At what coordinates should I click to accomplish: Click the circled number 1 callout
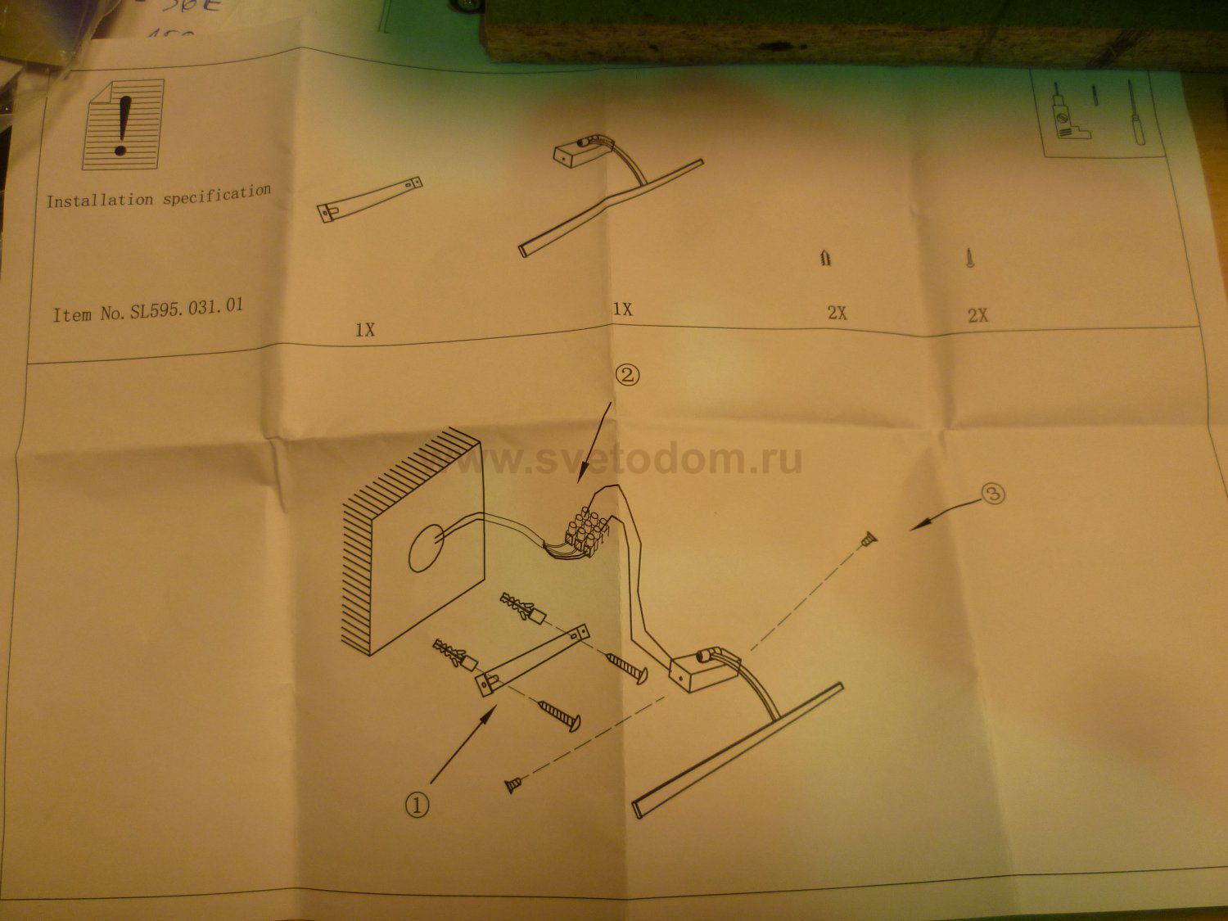pos(418,806)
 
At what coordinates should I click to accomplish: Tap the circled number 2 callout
pos(627,375)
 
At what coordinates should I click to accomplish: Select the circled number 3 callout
pos(993,494)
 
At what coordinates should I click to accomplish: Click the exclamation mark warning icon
pos(123,124)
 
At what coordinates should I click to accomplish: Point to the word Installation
pos(100,201)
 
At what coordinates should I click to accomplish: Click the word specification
pos(217,195)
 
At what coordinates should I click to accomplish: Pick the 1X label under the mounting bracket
pos(365,330)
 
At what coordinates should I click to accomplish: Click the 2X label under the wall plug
pos(837,314)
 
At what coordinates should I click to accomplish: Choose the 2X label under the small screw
pos(978,316)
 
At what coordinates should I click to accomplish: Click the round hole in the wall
pos(427,549)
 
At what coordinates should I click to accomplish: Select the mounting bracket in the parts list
pos(370,200)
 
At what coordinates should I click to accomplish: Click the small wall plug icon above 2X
pos(826,258)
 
